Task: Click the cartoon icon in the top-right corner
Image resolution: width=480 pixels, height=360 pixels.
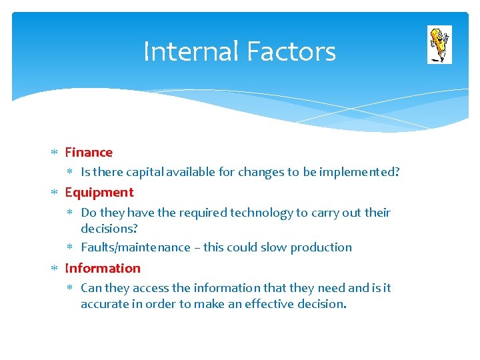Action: point(439,45)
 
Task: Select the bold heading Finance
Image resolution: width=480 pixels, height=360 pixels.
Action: point(89,153)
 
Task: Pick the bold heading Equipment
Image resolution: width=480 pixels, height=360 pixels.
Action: point(99,193)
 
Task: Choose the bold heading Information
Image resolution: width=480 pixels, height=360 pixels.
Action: point(103,268)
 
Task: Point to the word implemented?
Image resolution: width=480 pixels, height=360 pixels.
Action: point(359,172)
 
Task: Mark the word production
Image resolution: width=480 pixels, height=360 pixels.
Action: point(321,247)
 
